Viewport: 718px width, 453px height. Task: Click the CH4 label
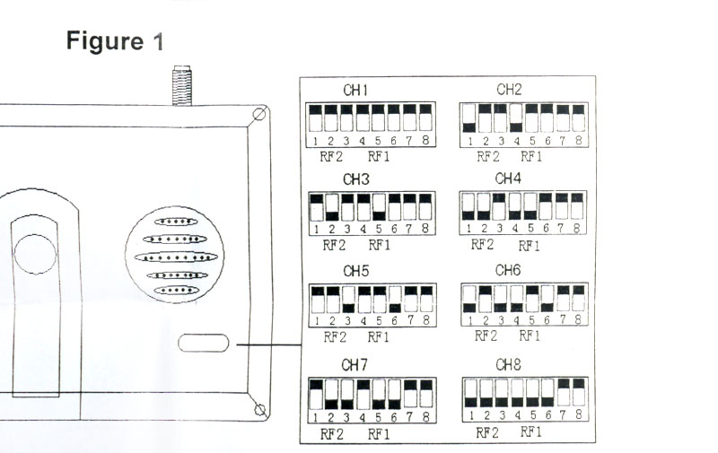508,179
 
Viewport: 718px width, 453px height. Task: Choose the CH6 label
508,270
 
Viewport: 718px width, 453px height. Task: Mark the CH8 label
508,365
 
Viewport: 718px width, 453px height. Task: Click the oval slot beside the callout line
203,343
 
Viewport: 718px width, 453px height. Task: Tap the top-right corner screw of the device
259,115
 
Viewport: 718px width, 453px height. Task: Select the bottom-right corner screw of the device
259,410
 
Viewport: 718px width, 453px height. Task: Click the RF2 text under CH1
330,156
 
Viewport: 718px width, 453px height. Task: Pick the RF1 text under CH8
532,432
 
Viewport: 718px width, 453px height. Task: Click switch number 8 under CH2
579,118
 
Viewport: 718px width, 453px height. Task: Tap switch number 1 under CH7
316,394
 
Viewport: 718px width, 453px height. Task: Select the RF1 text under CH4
530,245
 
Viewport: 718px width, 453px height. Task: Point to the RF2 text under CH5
334,337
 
